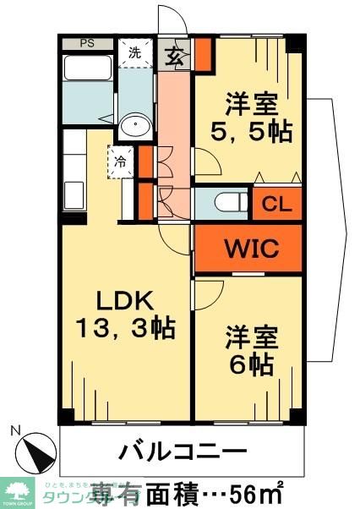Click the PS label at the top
point(87,43)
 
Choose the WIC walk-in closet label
point(248,249)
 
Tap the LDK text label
point(123,300)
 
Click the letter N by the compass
point(15,430)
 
